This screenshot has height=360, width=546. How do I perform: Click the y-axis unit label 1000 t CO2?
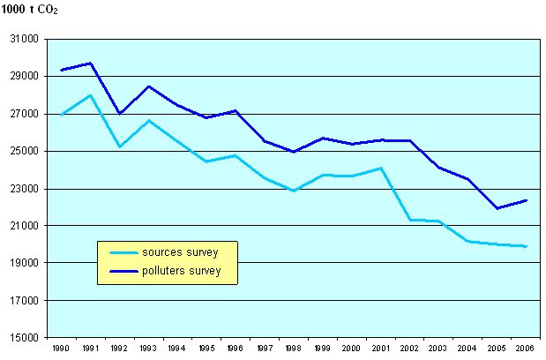31,9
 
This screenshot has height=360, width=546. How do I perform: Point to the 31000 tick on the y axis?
25,40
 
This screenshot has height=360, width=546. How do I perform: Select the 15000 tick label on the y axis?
25,338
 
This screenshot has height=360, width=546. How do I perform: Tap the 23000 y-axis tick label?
25,189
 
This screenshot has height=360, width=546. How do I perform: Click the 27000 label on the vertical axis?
25,115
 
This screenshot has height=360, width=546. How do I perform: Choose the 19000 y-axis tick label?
25,264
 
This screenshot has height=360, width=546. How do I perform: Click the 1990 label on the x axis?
61,349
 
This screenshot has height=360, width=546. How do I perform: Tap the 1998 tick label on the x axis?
292,349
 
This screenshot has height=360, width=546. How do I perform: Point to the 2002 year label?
408,349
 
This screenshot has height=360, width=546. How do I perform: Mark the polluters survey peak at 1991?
90,63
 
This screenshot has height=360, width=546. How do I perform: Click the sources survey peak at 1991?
90,95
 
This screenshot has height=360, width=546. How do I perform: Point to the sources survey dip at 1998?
292,191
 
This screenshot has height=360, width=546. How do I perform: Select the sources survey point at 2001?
379,168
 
